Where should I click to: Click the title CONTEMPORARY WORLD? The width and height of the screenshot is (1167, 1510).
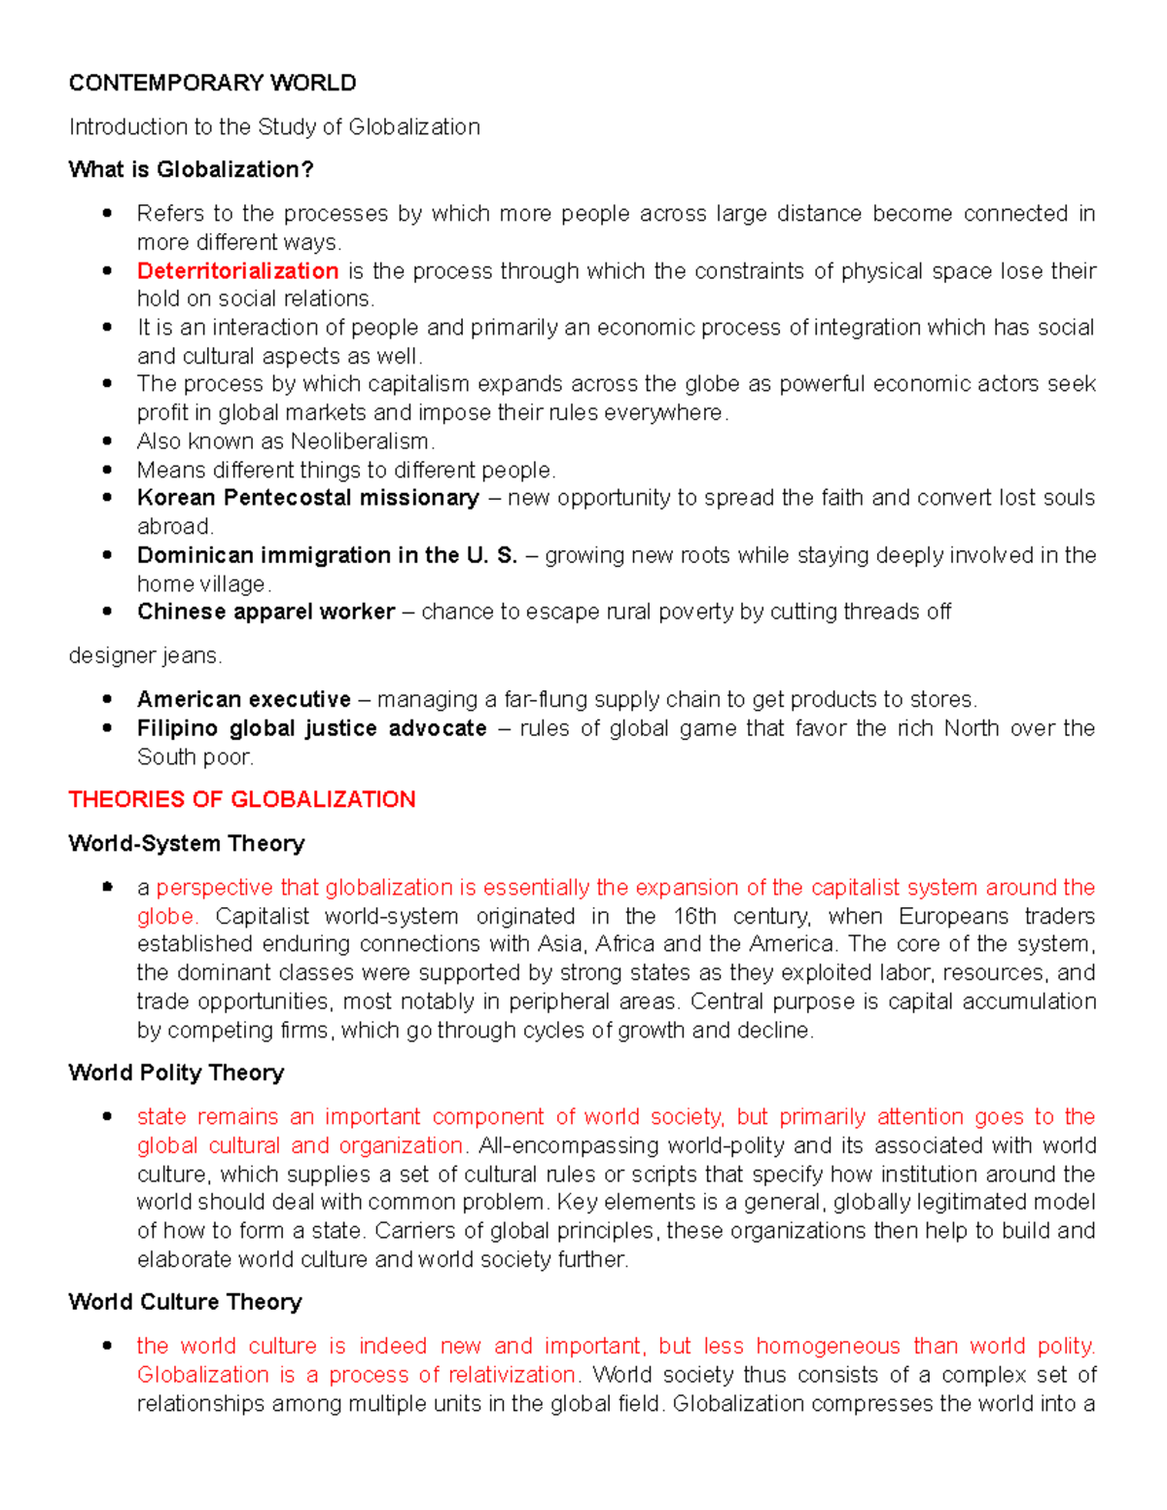click(x=212, y=84)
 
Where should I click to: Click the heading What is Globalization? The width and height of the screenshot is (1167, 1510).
click(x=191, y=170)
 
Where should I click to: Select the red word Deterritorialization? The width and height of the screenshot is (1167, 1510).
click(x=237, y=271)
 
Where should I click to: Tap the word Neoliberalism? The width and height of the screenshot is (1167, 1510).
click(x=359, y=441)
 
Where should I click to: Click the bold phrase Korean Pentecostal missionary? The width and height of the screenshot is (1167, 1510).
click(x=307, y=498)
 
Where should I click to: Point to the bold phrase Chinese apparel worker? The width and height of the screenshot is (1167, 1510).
click(x=265, y=612)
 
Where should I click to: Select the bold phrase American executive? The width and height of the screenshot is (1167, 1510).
click(x=243, y=700)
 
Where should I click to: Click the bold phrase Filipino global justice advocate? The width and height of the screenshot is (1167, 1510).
click(x=311, y=728)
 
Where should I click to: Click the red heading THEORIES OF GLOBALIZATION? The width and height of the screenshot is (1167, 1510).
click(x=241, y=799)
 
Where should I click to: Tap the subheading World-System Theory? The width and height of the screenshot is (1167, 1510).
click(x=186, y=843)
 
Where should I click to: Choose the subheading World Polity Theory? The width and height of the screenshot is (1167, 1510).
click(x=176, y=1072)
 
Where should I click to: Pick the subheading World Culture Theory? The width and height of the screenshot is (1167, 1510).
click(x=185, y=1302)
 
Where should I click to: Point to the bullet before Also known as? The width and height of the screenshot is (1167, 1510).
click(x=108, y=441)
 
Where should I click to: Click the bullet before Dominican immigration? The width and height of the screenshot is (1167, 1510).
click(x=108, y=555)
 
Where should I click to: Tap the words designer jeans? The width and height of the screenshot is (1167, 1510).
click(x=145, y=656)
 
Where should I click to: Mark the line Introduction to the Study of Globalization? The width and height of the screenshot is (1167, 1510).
click(x=274, y=127)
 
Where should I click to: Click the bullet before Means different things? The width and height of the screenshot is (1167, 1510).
click(x=108, y=470)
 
